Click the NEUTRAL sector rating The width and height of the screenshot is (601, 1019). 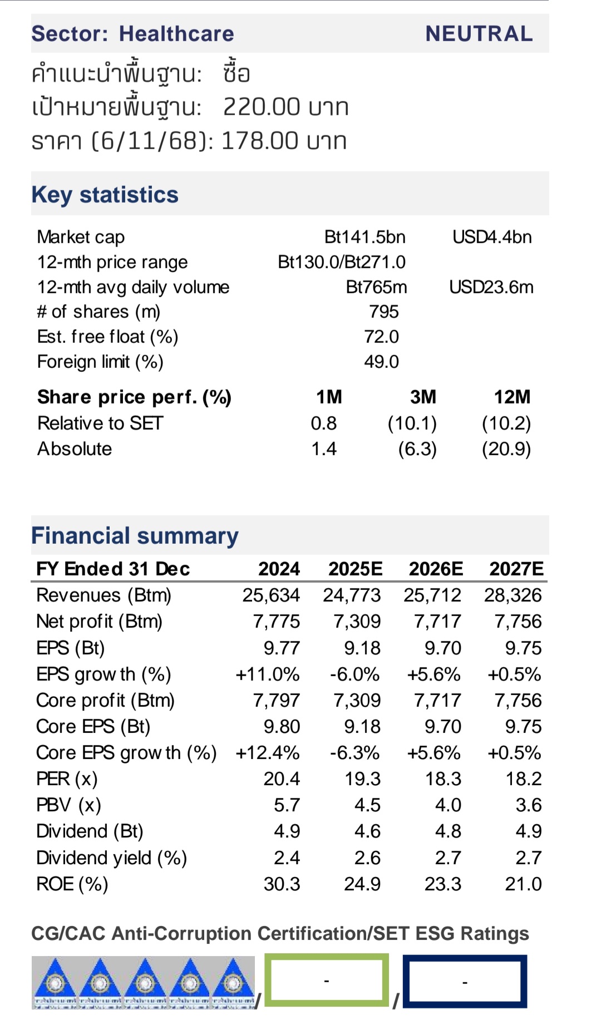pyautogui.click(x=479, y=34)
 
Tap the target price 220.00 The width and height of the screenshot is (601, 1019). pyautogui.click(x=262, y=107)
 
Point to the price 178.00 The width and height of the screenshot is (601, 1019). pyautogui.click(x=260, y=141)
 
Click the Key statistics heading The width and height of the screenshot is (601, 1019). pyautogui.click(x=105, y=195)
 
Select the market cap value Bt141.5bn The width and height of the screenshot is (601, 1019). pyautogui.click(x=364, y=237)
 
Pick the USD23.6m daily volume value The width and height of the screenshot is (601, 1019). pyautogui.click(x=491, y=287)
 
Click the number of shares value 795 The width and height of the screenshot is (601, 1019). pyautogui.click(x=383, y=312)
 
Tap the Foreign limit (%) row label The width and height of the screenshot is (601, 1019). pyautogui.click(x=100, y=362)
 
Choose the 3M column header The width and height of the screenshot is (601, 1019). pyautogui.click(x=423, y=397)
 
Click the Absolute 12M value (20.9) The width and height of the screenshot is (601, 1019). pyautogui.click(x=506, y=449)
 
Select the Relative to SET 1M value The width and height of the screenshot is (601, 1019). pyautogui.click(x=323, y=423)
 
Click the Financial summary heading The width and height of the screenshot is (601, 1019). pyautogui.click(x=135, y=535)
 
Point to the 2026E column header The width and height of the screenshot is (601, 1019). pyautogui.click(x=436, y=569)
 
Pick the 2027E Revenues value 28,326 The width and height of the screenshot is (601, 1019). pyautogui.click(x=513, y=595)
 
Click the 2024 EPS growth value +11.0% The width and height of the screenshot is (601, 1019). pyautogui.click(x=268, y=674)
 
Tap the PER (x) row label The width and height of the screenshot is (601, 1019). pyautogui.click(x=67, y=779)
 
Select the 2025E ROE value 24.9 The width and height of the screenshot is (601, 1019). pyautogui.click(x=362, y=884)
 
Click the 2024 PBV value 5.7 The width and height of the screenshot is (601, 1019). pyautogui.click(x=287, y=805)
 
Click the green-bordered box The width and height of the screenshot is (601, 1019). pyautogui.click(x=326, y=981)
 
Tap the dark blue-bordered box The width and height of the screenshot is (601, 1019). pyautogui.click(x=465, y=982)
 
